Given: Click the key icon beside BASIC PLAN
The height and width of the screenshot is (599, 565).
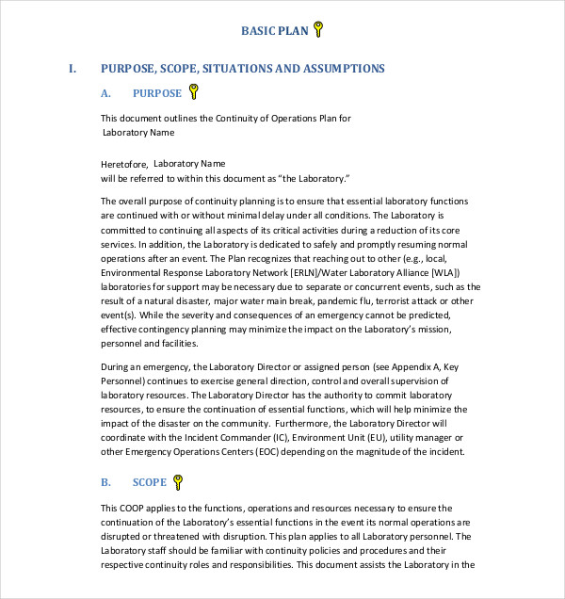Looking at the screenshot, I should pos(319,30).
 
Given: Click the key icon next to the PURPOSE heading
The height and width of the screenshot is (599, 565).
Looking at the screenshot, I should pos(194,91).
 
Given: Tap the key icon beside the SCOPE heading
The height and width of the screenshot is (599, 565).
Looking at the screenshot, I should pos(178,482).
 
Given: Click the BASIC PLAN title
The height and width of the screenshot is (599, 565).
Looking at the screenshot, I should pos(275,31).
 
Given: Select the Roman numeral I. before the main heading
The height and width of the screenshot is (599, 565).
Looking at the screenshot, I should pos(72,69).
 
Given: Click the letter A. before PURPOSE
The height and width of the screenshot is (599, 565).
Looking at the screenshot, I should pos(105,93).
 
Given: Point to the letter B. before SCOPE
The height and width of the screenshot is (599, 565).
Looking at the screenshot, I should pos(105,483).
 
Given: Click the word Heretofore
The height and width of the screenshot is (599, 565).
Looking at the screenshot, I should pos(124,164).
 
